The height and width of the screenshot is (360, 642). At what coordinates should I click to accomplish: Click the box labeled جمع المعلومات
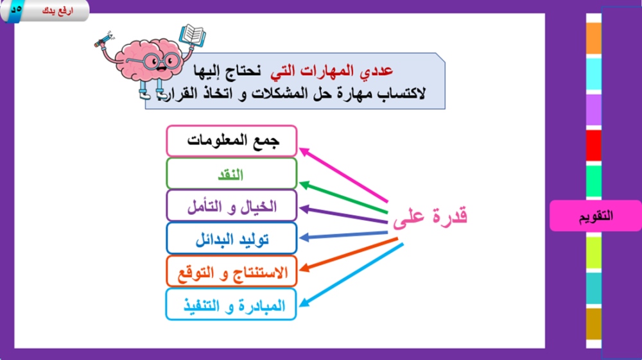(231, 141)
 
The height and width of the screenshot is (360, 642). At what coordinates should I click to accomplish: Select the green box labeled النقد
(231, 174)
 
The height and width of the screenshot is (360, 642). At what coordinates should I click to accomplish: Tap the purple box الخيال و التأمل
(231, 206)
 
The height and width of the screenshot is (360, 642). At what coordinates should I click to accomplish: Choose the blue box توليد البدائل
(231, 239)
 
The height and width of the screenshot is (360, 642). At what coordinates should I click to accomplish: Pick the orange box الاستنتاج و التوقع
(231, 271)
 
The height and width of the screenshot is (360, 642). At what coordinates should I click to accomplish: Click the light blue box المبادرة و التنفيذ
(231, 304)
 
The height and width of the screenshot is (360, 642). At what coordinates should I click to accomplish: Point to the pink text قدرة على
(430, 216)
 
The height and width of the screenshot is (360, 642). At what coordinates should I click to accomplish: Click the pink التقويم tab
(595, 216)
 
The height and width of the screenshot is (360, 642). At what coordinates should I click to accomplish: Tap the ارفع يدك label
(57, 11)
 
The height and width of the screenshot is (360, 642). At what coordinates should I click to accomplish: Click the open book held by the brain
(193, 35)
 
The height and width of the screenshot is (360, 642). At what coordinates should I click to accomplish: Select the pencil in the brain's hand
(103, 40)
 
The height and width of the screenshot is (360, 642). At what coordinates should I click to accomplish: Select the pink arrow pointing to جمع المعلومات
(343, 175)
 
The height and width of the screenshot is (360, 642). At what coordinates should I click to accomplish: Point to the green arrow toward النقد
(343, 198)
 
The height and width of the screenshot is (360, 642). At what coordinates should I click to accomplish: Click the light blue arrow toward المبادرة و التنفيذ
(351, 275)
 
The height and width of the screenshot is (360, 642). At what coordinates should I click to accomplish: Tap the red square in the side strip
(594, 145)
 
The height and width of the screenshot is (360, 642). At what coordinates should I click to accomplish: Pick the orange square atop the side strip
(594, 38)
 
